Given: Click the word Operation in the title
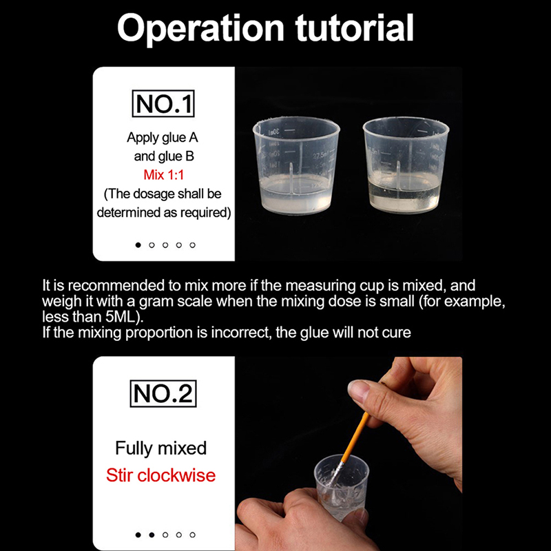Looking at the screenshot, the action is click(x=200, y=29).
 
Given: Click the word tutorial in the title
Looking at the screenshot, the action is click(x=354, y=28).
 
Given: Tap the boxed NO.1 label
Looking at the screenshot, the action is click(x=163, y=104).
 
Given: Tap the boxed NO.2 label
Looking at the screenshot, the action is click(x=163, y=393).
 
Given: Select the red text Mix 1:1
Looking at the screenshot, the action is click(x=163, y=175).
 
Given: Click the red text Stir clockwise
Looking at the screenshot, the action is click(x=161, y=475).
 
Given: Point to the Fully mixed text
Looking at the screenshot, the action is click(x=161, y=448).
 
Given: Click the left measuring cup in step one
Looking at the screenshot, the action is click(x=296, y=165).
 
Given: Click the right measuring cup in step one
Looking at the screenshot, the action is click(x=406, y=165).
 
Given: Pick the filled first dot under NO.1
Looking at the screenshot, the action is click(x=138, y=245).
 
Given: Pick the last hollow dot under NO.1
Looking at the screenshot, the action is click(x=192, y=245).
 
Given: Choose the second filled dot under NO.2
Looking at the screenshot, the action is click(x=152, y=535).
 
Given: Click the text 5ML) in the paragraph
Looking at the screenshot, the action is click(x=125, y=317).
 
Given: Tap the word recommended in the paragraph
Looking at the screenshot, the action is click(x=116, y=285).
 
